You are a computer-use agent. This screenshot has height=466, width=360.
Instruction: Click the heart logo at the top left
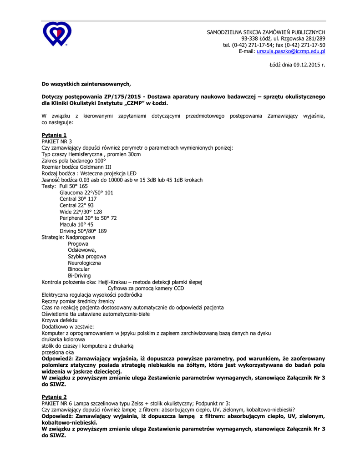(x=57, y=34)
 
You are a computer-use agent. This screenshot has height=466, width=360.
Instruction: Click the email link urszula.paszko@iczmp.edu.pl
(x=291, y=52)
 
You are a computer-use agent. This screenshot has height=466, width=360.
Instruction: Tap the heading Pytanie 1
(x=54, y=135)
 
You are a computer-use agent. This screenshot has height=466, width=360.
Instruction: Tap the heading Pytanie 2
(x=54, y=397)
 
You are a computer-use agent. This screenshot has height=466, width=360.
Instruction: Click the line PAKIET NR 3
(x=56, y=142)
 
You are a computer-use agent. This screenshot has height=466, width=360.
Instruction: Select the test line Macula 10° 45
(x=76, y=224)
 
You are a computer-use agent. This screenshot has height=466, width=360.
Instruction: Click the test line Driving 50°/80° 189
(x=83, y=231)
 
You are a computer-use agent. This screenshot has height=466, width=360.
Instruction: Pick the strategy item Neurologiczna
(x=84, y=263)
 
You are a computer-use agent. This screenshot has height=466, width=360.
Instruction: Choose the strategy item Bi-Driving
(x=79, y=275)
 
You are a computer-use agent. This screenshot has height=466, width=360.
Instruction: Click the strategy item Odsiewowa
(x=82, y=250)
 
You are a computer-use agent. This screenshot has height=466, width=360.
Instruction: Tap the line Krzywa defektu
(x=59, y=320)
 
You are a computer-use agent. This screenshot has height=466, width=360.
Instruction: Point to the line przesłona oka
(x=57, y=352)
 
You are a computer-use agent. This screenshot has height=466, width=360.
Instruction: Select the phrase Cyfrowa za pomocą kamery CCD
(x=146, y=288)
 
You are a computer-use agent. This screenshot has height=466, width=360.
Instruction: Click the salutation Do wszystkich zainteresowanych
(x=86, y=84)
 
